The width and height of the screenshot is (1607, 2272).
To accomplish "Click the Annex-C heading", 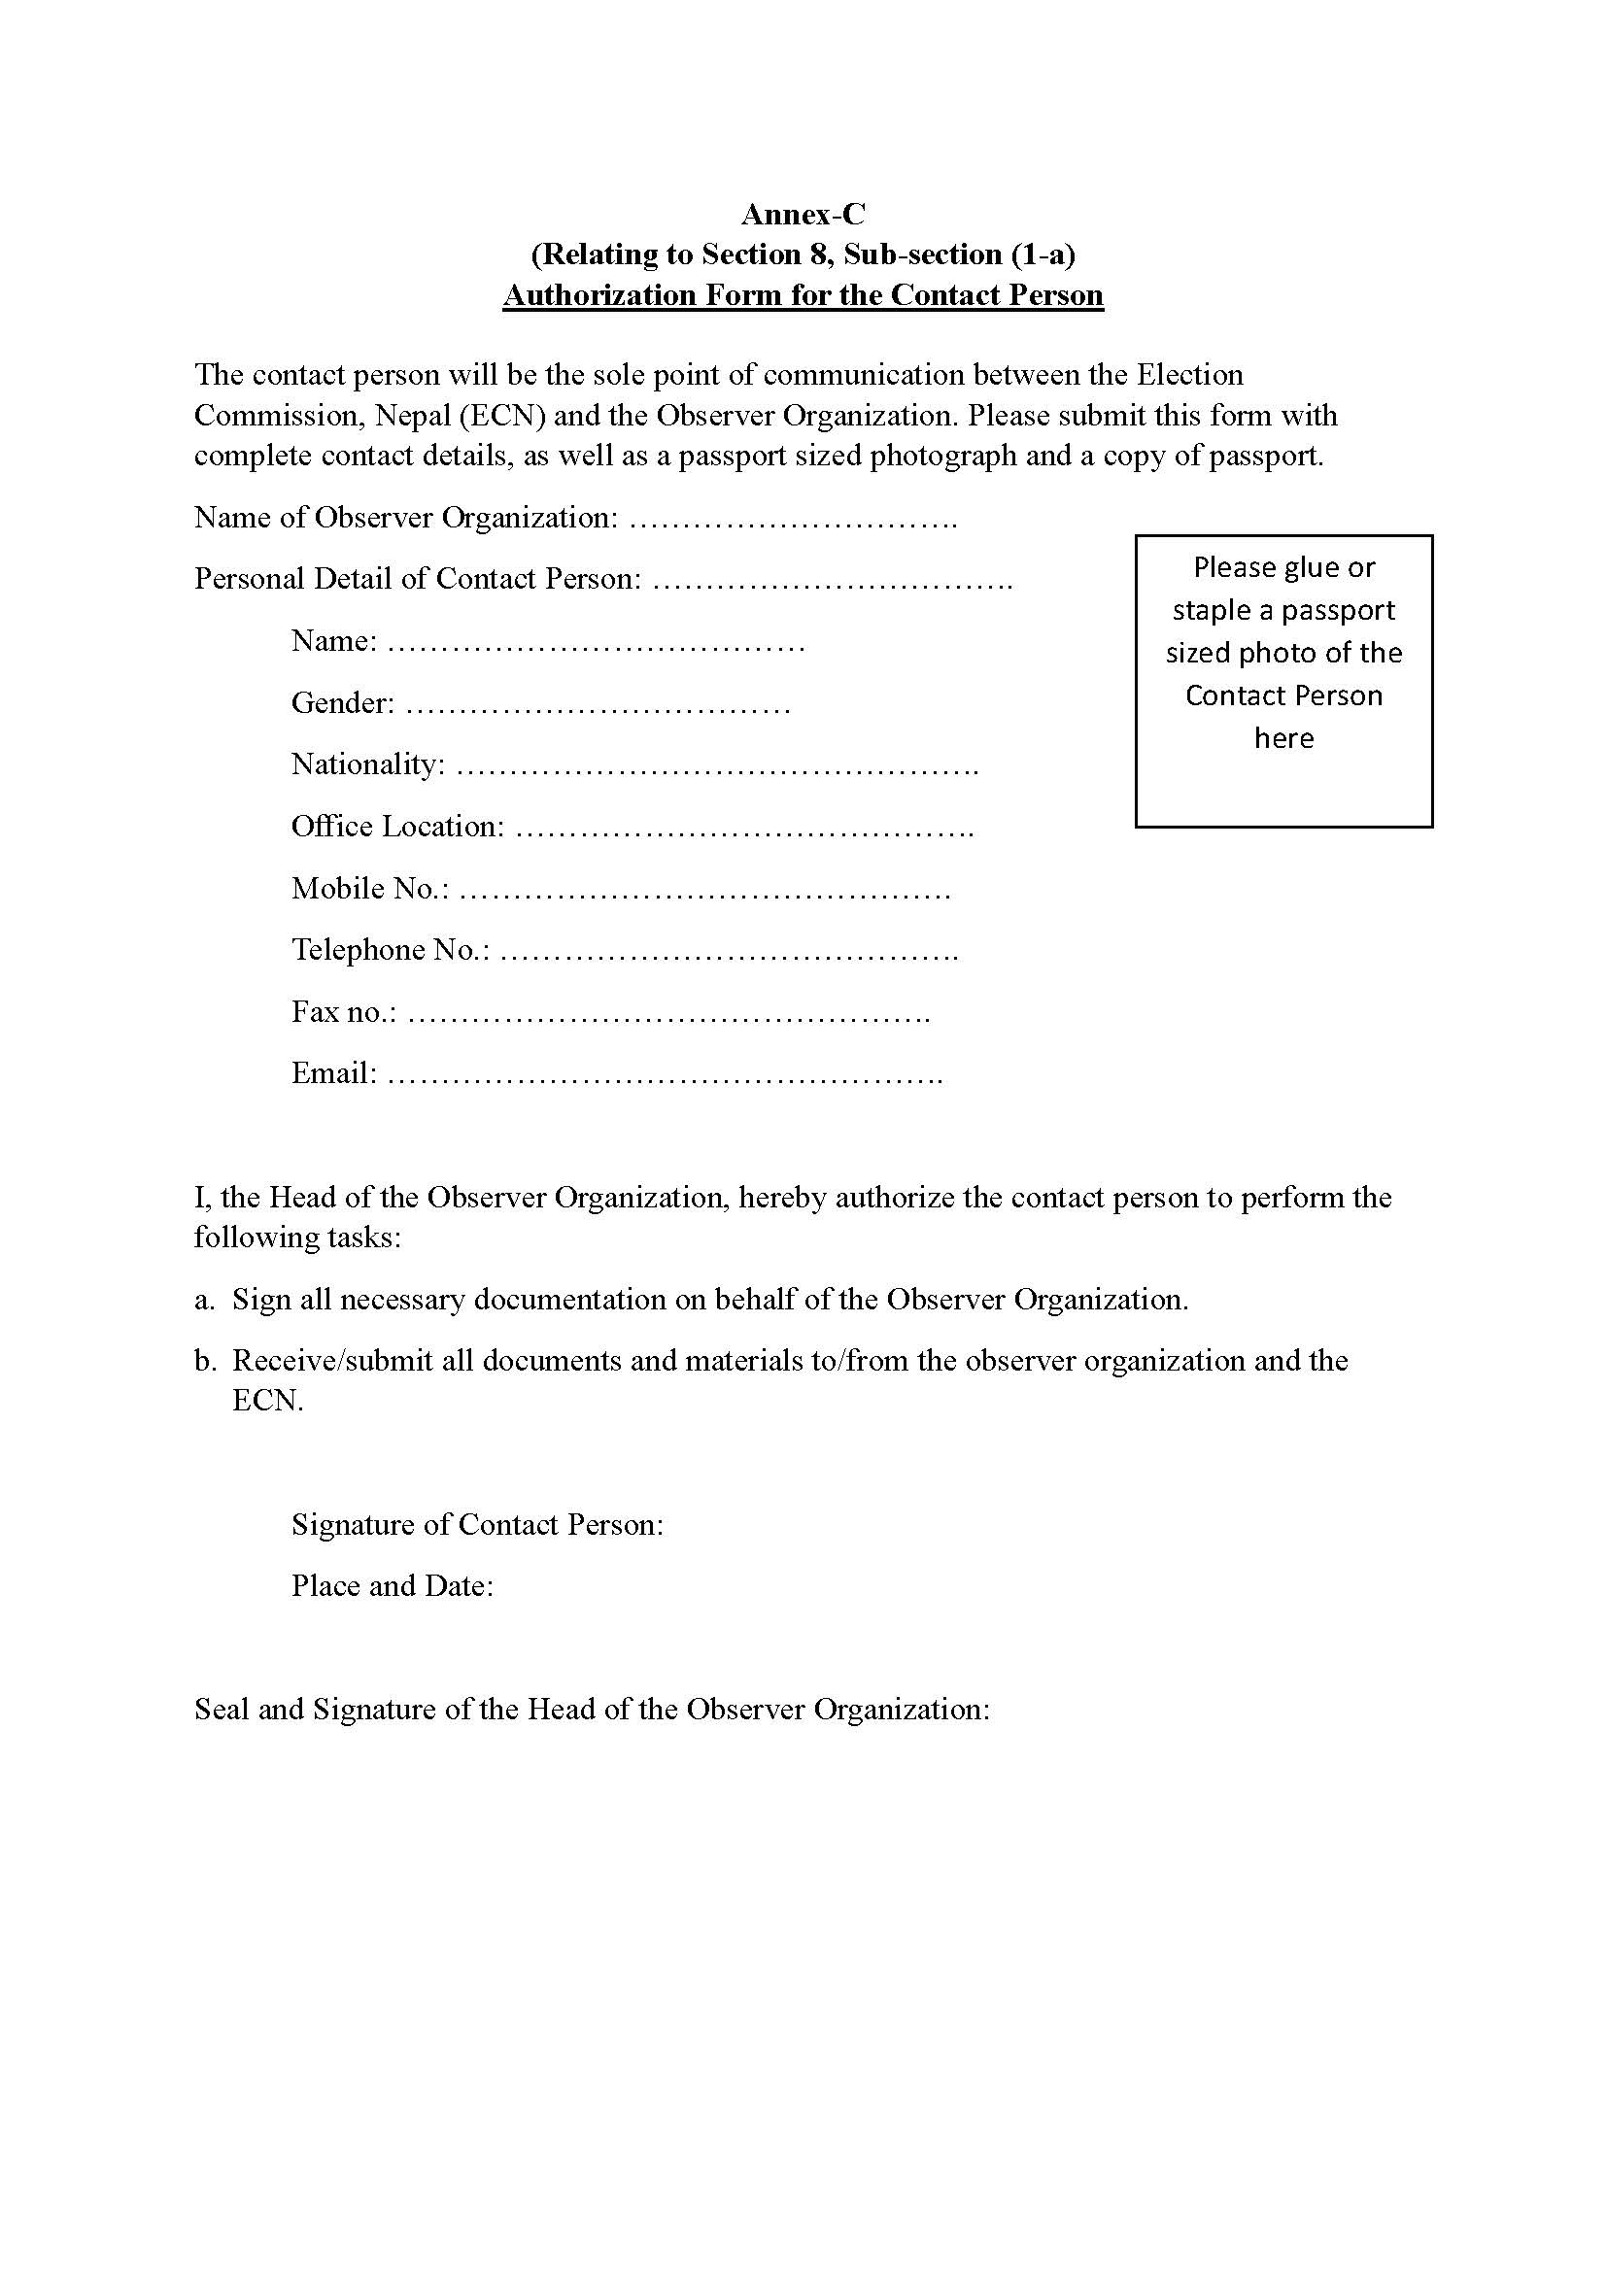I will (803, 214).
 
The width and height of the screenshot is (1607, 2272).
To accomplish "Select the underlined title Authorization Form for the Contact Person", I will (803, 295).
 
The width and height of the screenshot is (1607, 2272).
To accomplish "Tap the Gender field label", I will (342, 702).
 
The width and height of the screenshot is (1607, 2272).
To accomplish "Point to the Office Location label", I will (397, 827).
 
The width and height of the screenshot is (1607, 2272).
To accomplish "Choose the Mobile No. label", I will (370, 889).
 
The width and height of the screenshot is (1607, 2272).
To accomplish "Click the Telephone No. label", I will (390, 950).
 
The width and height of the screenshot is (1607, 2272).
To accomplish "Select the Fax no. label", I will (343, 1011).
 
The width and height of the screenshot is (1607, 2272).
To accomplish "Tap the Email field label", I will (333, 1072).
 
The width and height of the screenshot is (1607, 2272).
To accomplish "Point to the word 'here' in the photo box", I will (1283, 738).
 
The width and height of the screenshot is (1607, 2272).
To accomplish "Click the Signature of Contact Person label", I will (477, 1525).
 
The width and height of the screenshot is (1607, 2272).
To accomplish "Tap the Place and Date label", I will (392, 1586).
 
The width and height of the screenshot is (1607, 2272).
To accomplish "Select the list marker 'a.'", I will (204, 1300).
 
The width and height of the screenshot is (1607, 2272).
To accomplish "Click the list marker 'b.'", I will (204, 1361).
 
